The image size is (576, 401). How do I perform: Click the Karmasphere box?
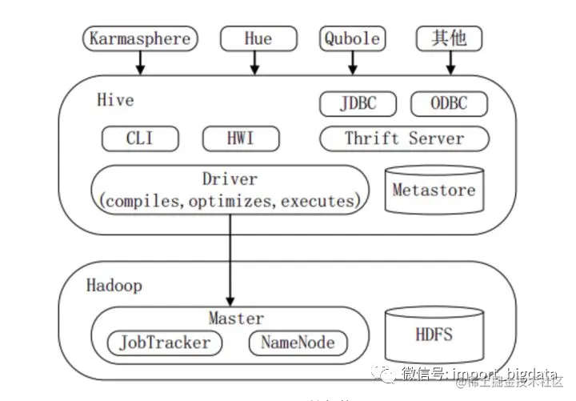point(140,38)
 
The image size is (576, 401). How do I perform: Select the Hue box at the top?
point(258,38)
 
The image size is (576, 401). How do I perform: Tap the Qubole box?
point(351,38)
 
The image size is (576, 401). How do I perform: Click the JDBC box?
point(358,103)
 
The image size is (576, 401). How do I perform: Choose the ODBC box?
point(449,103)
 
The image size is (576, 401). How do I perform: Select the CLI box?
point(139,138)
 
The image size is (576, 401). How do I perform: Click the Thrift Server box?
point(404,138)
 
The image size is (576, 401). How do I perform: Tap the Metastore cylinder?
point(434,190)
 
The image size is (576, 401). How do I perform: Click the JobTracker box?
point(164,343)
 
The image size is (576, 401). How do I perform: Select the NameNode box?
point(298,343)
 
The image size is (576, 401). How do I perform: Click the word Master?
point(236,319)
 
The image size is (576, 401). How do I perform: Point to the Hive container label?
point(115,100)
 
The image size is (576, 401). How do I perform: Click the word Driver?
point(230,179)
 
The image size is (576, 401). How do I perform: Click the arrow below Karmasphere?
point(140,62)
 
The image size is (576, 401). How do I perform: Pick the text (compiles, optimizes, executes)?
point(230,200)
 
